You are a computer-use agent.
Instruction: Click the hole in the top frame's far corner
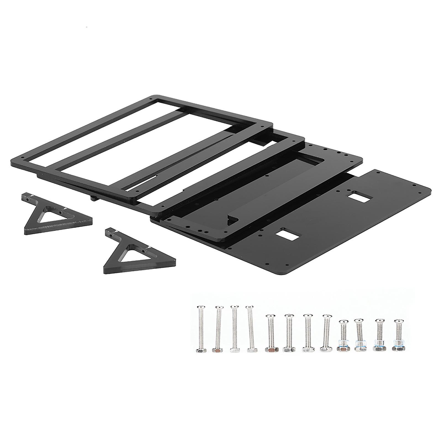tap(151, 98)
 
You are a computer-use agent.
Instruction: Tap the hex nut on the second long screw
tap(217, 350)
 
